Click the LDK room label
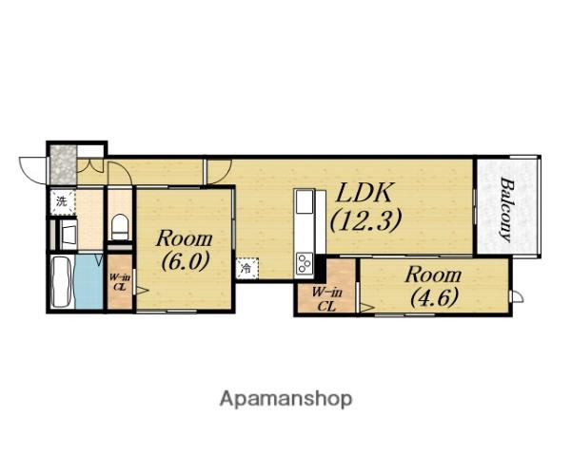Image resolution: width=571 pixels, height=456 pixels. (x=364, y=192)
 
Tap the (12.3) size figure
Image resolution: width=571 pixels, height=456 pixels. (x=365, y=220)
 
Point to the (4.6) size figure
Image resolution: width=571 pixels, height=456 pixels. (x=434, y=298)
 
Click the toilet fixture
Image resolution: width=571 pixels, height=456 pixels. (x=120, y=227)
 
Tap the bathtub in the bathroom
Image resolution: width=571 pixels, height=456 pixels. (x=62, y=281)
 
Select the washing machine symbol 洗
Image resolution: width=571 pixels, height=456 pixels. (x=62, y=201)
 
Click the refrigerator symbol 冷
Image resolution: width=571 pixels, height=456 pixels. (x=246, y=269)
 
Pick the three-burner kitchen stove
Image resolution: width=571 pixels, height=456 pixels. (x=305, y=262)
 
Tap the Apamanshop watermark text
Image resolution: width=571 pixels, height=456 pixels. (x=285, y=399)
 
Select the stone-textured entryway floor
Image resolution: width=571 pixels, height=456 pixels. (x=63, y=164)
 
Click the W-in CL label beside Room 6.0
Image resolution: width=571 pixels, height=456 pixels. (x=120, y=282)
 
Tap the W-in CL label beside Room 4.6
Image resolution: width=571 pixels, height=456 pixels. (x=326, y=299)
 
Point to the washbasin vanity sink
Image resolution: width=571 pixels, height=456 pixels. (x=69, y=234)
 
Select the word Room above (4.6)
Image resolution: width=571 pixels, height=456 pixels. (x=433, y=275)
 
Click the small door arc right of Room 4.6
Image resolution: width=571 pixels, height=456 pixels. (x=518, y=296)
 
